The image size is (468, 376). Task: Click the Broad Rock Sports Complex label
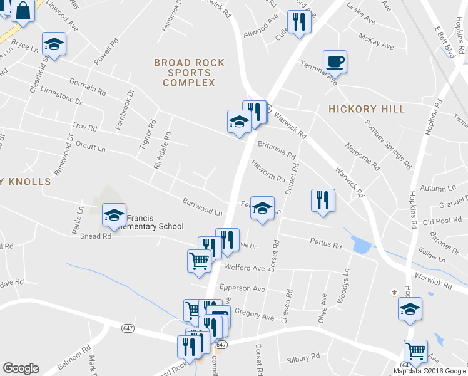(185, 72)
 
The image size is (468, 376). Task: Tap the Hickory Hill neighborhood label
(367, 109)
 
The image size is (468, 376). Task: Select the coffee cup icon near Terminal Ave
(335, 61)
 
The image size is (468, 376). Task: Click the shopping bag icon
(23, 11)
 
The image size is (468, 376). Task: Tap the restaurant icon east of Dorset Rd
(323, 201)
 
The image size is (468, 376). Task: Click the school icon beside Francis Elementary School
(114, 214)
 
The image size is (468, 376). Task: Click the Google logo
(21, 368)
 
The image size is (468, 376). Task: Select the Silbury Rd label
(303, 358)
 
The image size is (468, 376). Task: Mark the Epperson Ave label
(242, 288)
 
